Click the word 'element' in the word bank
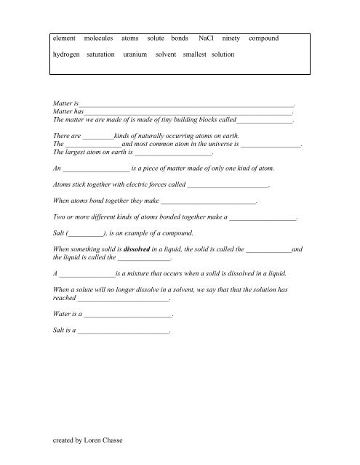pyautogui.click(x=65, y=37)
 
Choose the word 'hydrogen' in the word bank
pyautogui.click(x=65, y=55)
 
